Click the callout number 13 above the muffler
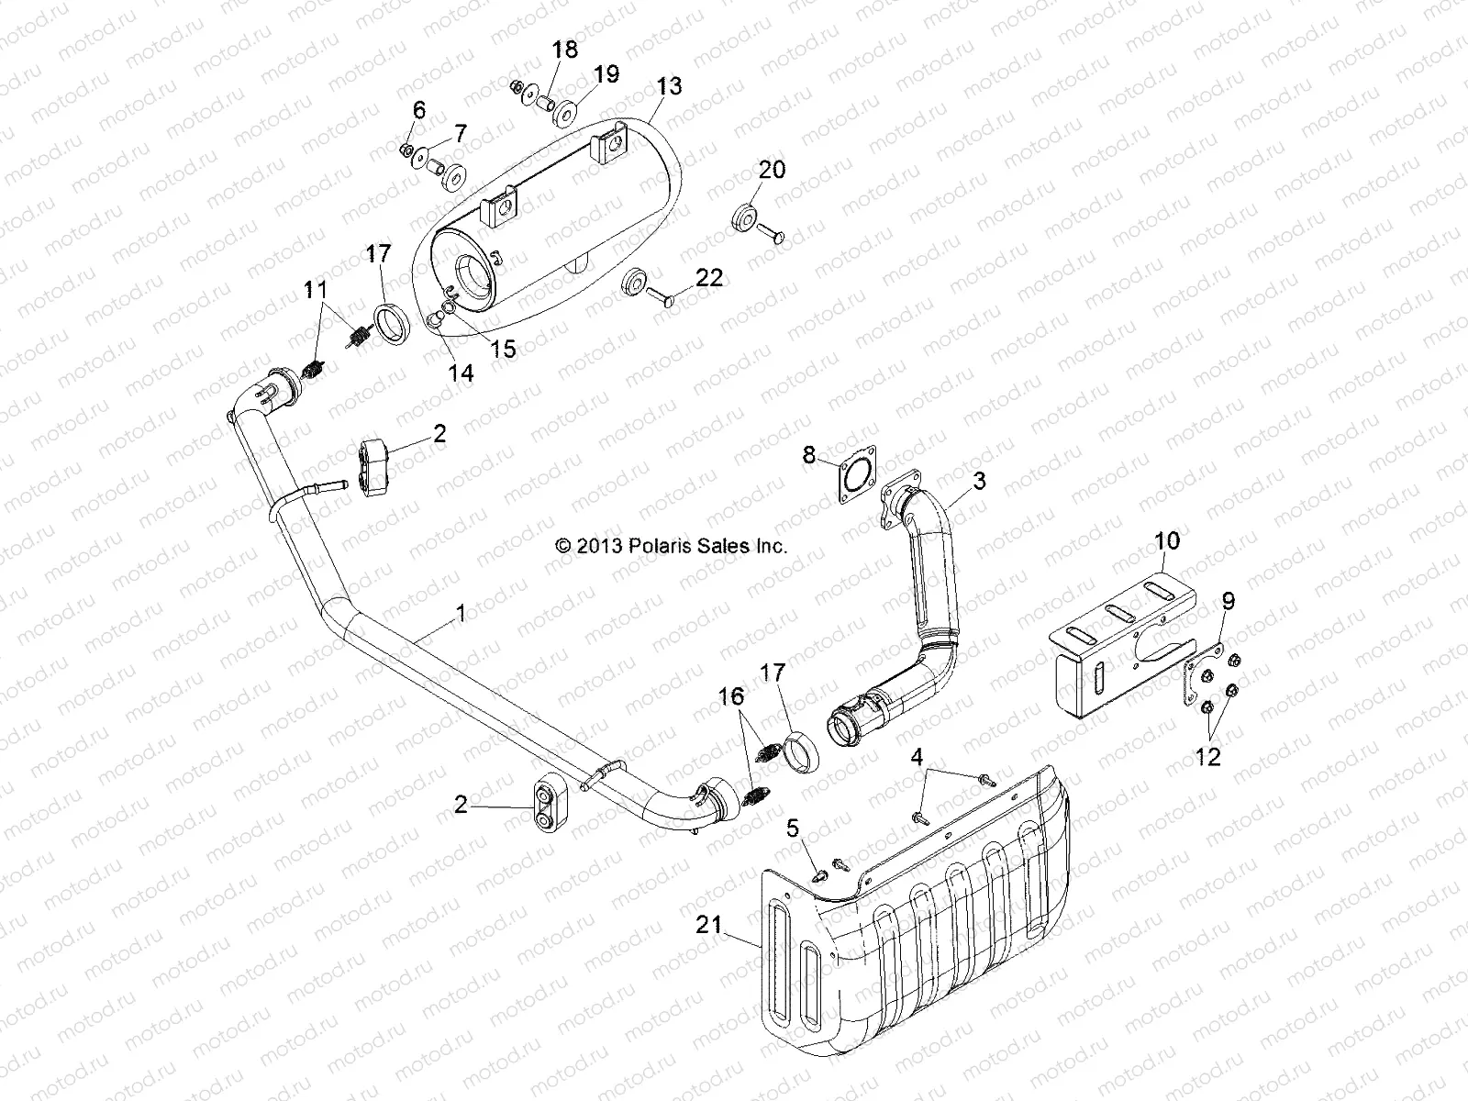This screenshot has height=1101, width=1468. [669, 86]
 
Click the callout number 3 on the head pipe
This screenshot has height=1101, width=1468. [979, 480]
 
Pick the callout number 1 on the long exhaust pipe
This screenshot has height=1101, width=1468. [461, 613]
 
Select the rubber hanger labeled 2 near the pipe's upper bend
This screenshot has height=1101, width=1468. [373, 455]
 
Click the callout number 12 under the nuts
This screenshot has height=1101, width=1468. [1208, 757]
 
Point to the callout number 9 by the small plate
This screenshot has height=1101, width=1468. [1228, 602]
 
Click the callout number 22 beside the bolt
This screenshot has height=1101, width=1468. [709, 276]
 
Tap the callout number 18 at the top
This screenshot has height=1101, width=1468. [565, 50]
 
